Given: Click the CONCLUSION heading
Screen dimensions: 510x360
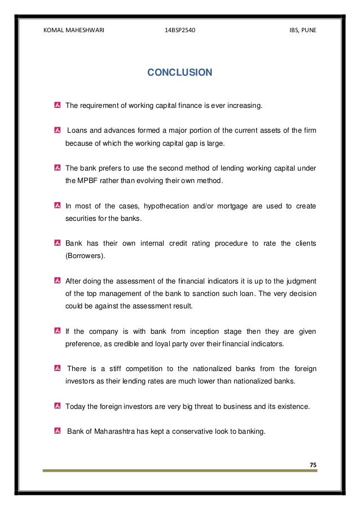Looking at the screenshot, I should tap(179, 72).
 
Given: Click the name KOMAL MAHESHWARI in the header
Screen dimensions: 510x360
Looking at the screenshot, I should tap(74, 30).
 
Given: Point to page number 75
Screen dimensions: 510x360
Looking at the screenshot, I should tap(313, 464).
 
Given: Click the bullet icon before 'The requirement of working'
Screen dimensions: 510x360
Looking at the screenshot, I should tap(58, 105).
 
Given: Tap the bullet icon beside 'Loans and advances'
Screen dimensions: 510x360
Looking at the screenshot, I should tap(58, 131).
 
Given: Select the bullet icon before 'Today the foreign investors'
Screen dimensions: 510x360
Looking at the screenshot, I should tap(58, 406).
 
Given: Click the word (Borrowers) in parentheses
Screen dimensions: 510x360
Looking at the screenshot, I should tap(86, 255).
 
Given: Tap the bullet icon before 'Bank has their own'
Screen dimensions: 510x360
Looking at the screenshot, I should tap(58, 243).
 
